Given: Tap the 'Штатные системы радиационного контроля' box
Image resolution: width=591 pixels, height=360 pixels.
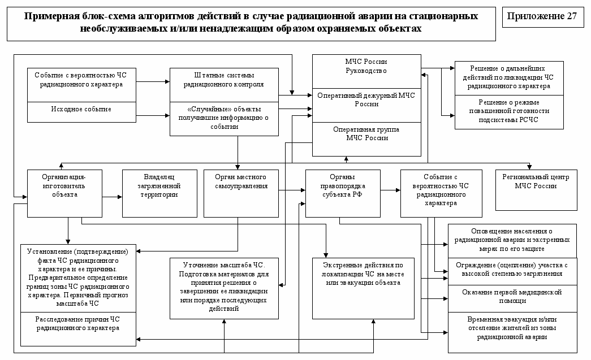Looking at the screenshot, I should [x=225, y=80].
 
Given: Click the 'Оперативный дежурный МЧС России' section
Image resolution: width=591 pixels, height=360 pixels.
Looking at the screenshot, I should [x=366, y=100].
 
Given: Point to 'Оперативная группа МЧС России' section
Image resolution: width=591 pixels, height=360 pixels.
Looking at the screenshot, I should [x=366, y=134].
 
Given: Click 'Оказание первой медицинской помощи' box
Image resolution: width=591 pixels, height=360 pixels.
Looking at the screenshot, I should [x=512, y=296].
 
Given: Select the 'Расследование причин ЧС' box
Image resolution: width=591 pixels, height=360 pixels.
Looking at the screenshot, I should [x=78, y=323].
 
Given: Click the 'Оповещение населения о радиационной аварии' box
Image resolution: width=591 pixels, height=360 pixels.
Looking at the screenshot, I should [x=512, y=240].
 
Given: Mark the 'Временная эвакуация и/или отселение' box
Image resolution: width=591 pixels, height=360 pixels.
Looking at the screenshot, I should [x=512, y=327].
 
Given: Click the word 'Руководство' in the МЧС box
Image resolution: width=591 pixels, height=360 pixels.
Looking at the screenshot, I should [x=366, y=71].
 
